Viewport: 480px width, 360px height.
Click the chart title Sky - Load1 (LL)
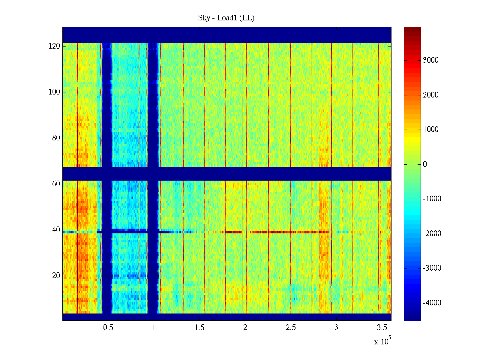point(226,18)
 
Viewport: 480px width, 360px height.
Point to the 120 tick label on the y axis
point(54,46)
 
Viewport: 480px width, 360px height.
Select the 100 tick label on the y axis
point(54,92)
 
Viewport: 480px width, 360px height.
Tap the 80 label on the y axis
point(56,138)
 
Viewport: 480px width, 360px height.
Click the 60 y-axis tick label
point(56,184)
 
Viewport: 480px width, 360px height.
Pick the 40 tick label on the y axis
point(56,230)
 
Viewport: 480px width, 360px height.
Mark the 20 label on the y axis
point(56,276)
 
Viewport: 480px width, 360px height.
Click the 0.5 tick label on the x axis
point(108,328)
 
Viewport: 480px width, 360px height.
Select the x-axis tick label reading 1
point(154,328)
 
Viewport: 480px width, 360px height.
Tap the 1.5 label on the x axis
point(199,328)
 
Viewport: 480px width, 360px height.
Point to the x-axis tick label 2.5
point(291,328)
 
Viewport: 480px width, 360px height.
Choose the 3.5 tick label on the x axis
point(382,328)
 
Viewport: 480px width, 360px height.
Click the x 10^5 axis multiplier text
point(382,341)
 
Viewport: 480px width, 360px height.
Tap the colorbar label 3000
point(431,60)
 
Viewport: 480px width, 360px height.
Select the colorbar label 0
point(425,164)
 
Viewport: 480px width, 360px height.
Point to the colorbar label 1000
point(431,130)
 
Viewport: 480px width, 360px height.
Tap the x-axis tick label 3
point(336,328)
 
